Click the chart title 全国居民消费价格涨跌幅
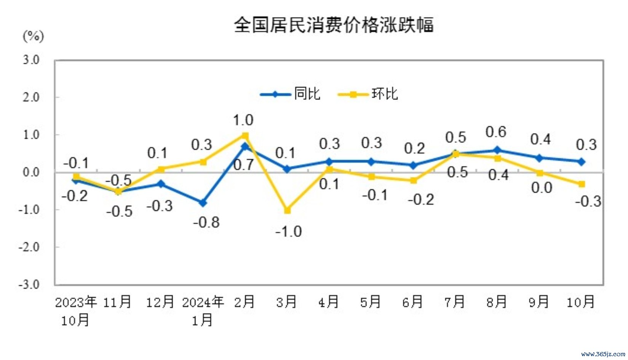click(334, 25)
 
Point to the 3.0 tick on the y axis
click(31, 60)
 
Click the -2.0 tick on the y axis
click(29, 247)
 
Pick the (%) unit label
click(33, 37)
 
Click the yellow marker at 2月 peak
click(245, 136)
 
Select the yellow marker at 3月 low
click(288, 210)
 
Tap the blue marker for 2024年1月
click(203, 203)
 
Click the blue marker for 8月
click(497, 150)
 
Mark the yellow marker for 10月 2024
click(582, 184)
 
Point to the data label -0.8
click(206, 222)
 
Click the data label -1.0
click(289, 231)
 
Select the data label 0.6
click(496, 132)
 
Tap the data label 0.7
click(243, 165)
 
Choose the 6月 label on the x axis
click(412, 302)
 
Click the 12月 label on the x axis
click(160, 302)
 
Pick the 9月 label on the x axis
click(539, 302)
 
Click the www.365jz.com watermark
click(603, 354)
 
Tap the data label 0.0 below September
click(542, 188)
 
